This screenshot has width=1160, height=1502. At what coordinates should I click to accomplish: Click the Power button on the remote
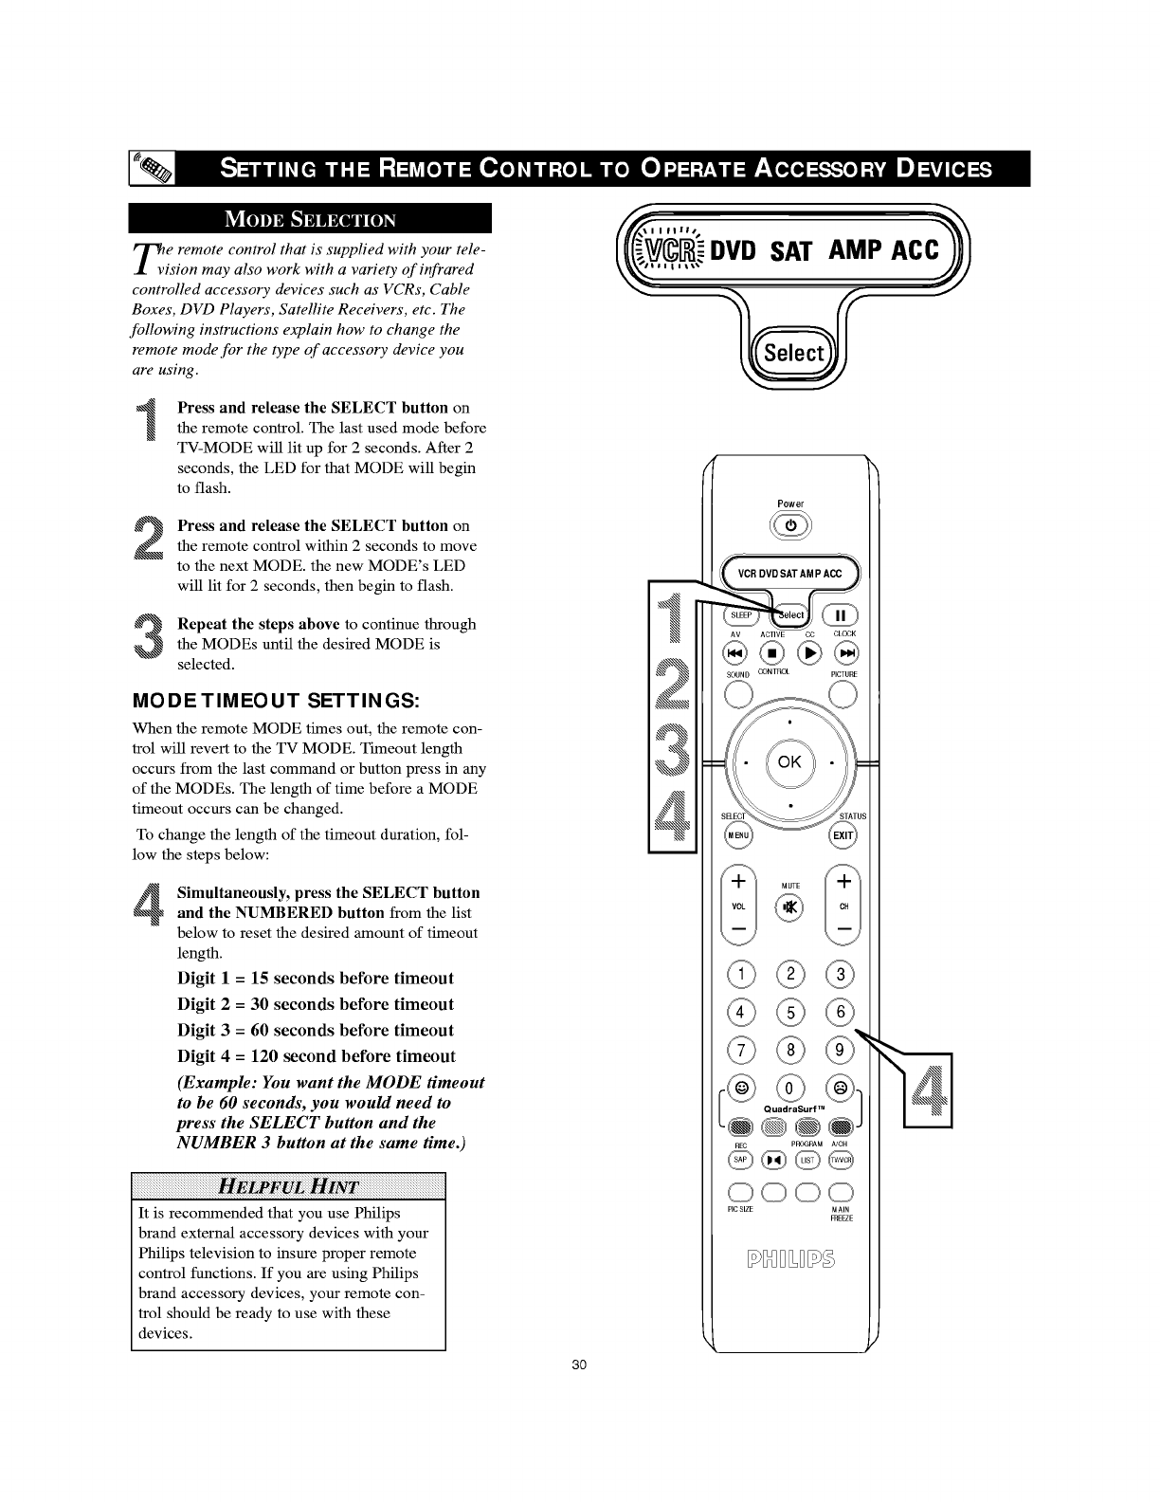click(790, 526)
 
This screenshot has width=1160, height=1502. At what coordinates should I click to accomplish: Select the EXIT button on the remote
click(843, 835)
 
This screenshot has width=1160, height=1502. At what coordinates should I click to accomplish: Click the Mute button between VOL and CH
click(789, 907)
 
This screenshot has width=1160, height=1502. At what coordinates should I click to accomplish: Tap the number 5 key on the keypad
click(789, 1012)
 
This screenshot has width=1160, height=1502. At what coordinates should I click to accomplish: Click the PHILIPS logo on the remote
click(789, 1260)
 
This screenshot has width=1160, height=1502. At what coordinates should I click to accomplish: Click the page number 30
click(580, 1365)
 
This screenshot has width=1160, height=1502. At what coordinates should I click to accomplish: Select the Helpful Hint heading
click(288, 1186)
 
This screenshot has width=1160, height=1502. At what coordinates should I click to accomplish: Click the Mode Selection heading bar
click(310, 219)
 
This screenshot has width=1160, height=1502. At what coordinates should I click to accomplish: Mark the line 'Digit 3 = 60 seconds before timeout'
click(316, 1030)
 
